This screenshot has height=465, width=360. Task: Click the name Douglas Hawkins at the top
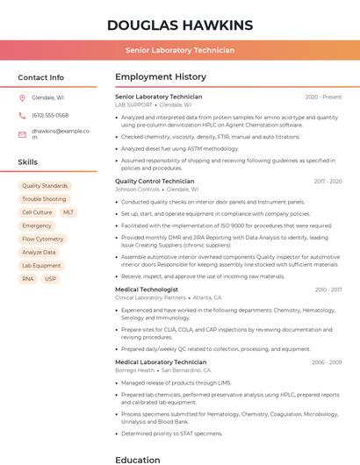click(x=179, y=25)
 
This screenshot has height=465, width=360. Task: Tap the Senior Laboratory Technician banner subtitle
click(x=179, y=50)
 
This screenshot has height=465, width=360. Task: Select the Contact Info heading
click(x=40, y=77)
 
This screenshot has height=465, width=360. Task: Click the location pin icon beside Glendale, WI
click(x=22, y=97)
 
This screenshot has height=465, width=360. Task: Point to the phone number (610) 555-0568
click(x=50, y=115)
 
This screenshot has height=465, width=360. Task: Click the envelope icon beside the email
click(x=22, y=134)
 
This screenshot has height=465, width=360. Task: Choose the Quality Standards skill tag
click(x=45, y=186)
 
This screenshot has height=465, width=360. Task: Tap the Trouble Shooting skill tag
click(x=44, y=199)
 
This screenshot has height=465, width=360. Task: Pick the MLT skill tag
click(x=68, y=212)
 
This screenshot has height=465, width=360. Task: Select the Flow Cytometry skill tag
click(x=43, y=239)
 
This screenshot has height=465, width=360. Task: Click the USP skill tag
click(x=50, y=279)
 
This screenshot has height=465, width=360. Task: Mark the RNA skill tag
click(x=28, y=279)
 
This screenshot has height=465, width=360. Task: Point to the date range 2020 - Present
click(x=323, y=97)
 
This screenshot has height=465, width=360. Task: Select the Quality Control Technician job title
click(x=155, y=181)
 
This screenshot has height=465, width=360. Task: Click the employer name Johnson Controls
click(x=138, y=189)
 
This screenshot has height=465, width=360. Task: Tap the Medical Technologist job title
click(x=147, y=290)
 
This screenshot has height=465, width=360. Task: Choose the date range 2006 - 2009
click(x=327, y=361)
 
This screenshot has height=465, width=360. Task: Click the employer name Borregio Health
click(x=135, y=369)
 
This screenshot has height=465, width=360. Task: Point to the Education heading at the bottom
click(x=138, y=459)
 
